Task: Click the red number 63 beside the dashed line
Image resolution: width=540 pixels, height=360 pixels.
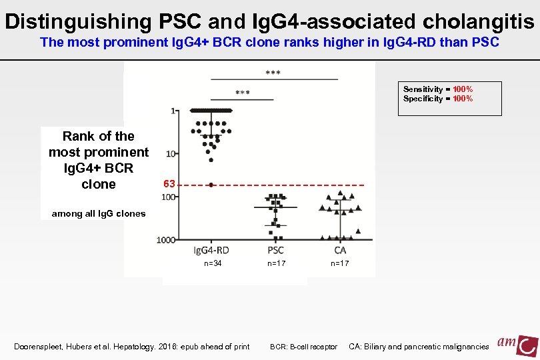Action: tap(169, 183)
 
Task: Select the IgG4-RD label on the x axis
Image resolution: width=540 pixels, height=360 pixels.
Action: tap(211, 250)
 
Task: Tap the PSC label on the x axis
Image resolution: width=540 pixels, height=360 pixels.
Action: tap(275, 250)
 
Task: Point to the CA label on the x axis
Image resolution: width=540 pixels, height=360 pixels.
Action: tap(340, 250)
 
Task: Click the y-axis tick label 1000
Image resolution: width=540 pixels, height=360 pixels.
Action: tap(167, 239)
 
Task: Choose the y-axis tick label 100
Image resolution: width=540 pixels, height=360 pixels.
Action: tap(169, 197)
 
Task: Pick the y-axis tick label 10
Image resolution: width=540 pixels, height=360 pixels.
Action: tap(171, 154)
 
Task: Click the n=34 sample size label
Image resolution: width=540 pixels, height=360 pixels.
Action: tap(213, 264)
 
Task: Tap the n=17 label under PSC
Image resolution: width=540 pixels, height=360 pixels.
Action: tap(277, 264)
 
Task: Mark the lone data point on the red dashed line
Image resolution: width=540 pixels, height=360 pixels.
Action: tap(211, 185)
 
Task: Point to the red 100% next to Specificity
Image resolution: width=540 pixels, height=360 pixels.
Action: tap(462, 99)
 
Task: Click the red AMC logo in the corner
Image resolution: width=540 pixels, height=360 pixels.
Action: tap(517, 344)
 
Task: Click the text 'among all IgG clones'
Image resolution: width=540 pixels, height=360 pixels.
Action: tap(94, 213)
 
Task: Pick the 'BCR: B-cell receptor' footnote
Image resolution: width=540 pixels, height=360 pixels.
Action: tap(303, 347)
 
